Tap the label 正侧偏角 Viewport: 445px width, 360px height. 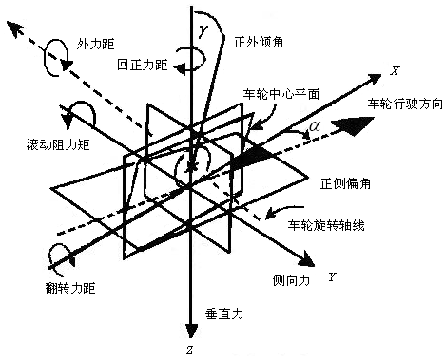click(343, 181)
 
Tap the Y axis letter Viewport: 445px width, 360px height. click(332, 275)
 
